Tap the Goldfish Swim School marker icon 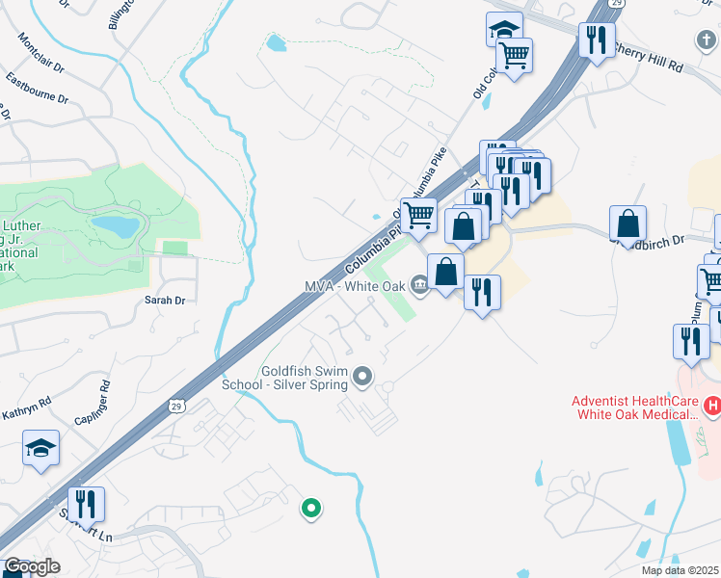pos(362,376)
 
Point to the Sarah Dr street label pos(164,301)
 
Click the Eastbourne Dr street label pos(37,88)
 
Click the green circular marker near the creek pos(310,507)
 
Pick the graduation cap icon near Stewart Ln pos(41,447)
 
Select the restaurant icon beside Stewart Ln pos(86,504)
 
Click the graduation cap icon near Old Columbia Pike pos(504,30)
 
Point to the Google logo pos(32,566)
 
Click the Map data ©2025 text pos(679,570)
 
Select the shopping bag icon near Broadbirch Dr pos(628,223)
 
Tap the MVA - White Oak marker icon pos(420,283)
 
